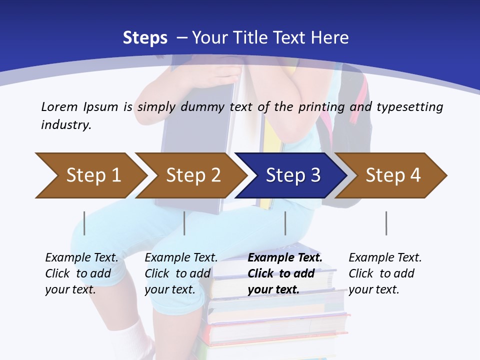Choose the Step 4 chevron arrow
[393, 175]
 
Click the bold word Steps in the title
[145, 37]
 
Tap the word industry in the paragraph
[65, 125]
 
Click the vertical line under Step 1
[84, 223]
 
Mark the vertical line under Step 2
[184, 223]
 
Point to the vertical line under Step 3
[285, 223]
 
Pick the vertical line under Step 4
[386, 223]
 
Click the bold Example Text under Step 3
[285, 257]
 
